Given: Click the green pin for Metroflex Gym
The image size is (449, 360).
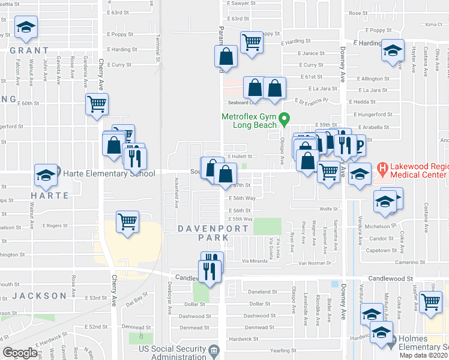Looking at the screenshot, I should [286, 118].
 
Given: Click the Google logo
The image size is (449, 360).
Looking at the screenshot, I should [20, 353].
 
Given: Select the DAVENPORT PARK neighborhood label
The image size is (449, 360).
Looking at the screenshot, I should [203, 233].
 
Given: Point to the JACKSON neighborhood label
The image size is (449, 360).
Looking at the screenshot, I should [38, 296].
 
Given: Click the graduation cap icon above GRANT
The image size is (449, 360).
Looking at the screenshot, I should [25, 27].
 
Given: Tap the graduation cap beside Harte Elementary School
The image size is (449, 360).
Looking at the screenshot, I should [46, 175].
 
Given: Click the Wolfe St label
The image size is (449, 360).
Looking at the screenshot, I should [326, 209].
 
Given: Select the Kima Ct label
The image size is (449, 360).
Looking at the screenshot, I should [433, 25].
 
